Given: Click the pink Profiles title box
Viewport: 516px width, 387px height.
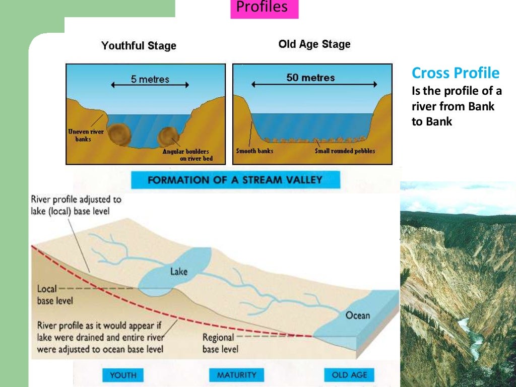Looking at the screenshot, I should [x=264, y=8].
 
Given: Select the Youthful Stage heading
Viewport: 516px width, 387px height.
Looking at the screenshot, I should [x=139, y=46].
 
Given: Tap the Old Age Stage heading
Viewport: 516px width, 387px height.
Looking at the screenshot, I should [x=314, y=44].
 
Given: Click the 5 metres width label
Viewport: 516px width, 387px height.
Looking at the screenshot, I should [x=150, y=79].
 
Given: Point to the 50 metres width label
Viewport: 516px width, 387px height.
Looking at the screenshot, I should [x=310, y=78].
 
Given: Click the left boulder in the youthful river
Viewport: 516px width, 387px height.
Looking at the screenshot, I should [x=120, y=135].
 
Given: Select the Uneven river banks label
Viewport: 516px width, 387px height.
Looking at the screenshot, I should [x=86, y=135].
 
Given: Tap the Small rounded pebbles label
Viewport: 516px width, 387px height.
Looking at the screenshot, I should [x=345, y=151].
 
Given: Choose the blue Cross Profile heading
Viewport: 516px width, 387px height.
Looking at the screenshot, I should [x=456, y=74].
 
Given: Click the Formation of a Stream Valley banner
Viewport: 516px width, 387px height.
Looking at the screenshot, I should [x=235, y=180].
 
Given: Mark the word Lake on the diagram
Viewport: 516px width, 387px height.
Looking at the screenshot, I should [x=178, y=272].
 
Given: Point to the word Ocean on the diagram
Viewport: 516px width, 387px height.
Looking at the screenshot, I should [x=357, y=315].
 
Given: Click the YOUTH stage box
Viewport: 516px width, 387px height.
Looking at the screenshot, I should [x=123, y=375].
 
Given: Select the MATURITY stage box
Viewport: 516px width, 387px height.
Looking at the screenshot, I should [x=236, y=375].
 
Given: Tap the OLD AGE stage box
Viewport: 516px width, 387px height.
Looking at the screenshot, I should [x=349, y=375].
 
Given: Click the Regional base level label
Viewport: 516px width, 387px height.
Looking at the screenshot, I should [x=220, y=343].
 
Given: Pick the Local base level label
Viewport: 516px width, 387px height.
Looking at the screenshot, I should [x=55, y=295].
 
